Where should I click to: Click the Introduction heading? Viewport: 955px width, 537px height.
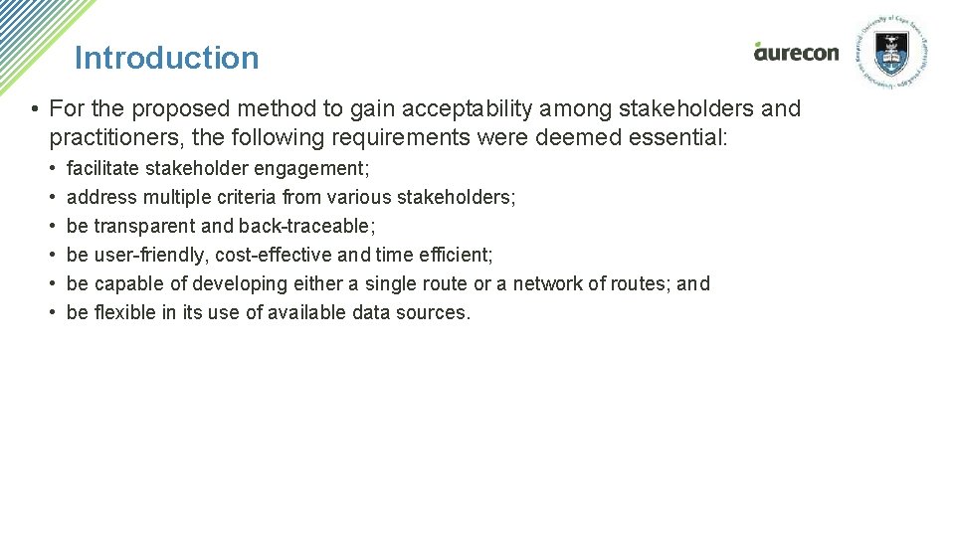pyautogui.click(x=166, y=58)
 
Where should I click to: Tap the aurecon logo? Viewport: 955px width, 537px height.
pyautogui.click(x=796, y=52)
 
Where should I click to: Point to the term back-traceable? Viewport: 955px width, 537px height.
pyautogui.click(x=306, y=226)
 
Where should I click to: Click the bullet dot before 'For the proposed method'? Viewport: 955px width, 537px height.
pyautogui.click(x=34, y=108)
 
